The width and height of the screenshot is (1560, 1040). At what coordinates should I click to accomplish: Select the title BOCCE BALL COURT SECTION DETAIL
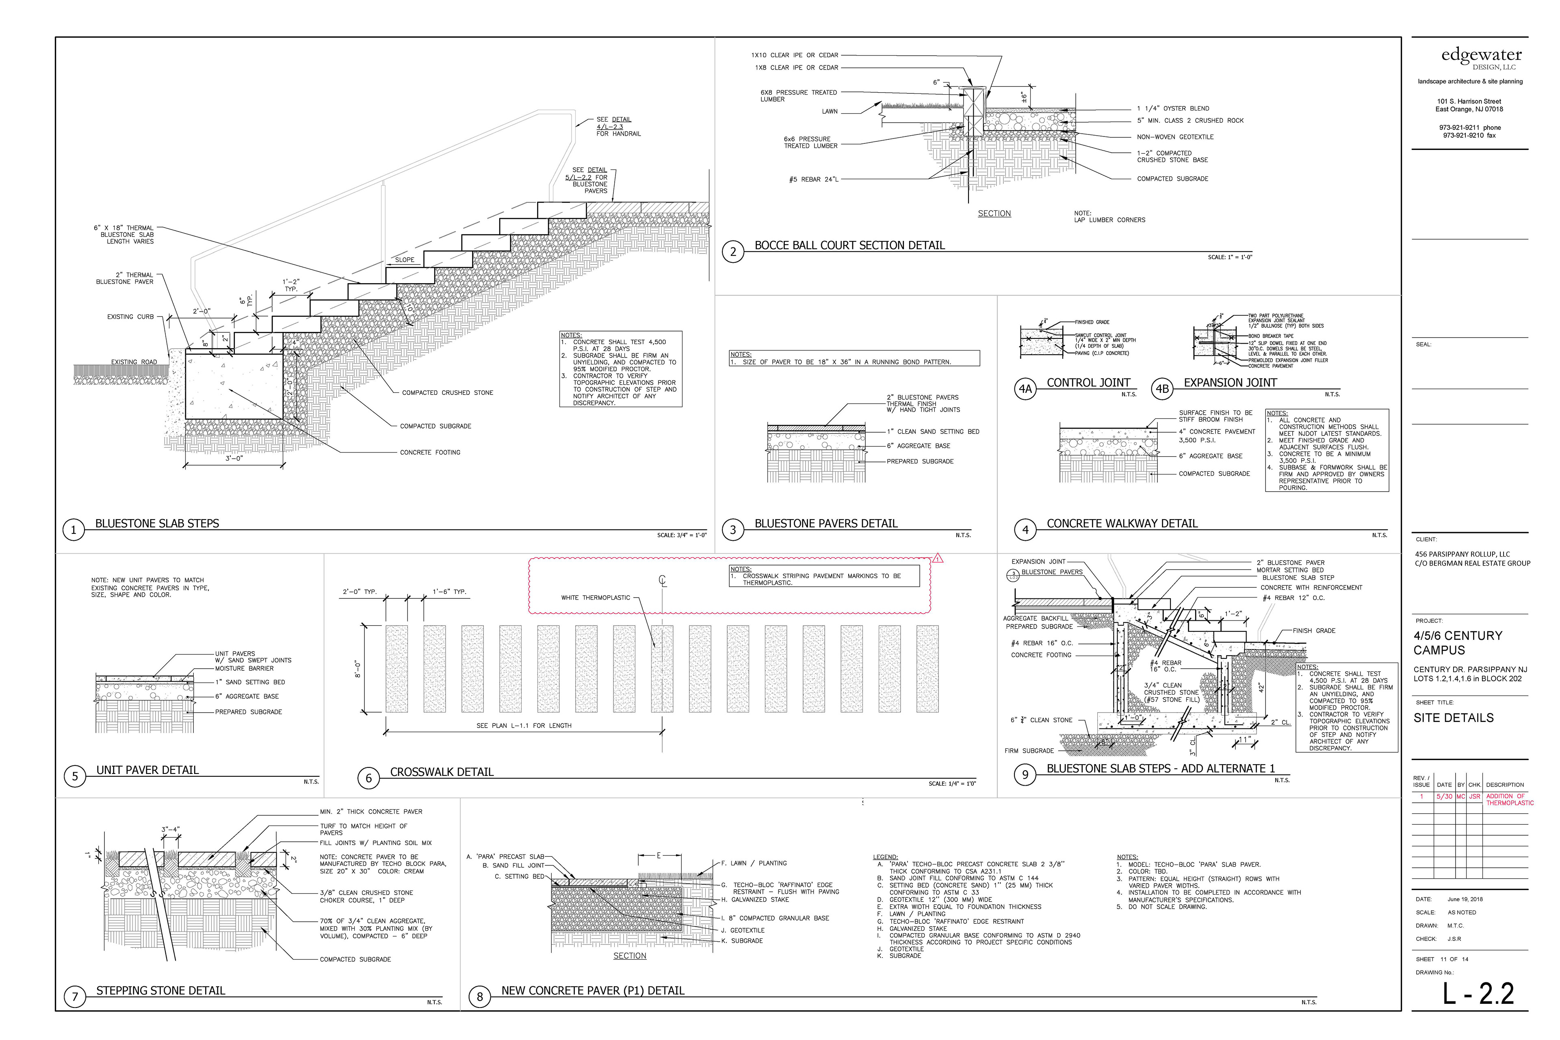click(849, 245)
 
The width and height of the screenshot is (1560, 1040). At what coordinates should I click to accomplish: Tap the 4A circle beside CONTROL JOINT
click(1025, 389)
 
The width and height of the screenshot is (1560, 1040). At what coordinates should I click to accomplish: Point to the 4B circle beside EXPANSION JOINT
click(1162, 389)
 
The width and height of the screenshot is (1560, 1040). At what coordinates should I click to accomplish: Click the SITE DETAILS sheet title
click(1453, 718)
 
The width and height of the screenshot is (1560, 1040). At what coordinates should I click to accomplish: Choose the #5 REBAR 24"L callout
click(813, 179)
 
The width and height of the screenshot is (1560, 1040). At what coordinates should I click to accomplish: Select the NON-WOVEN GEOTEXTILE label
click(1174, 136)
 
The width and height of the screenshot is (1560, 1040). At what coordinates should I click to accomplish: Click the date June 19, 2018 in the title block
click(1465, 899)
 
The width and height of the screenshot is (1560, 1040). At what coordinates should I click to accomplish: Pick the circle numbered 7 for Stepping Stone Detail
click(75, 996)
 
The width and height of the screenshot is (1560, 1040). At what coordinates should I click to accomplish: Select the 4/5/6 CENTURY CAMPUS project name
click(1457, 642)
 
